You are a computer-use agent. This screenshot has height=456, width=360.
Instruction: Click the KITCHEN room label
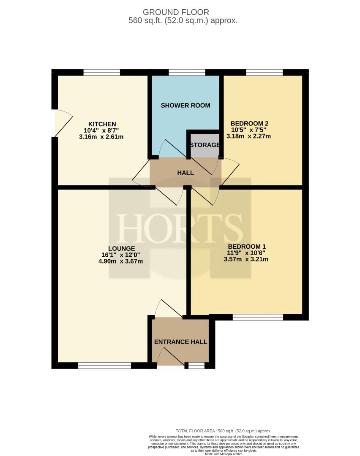click(x=102, y=124)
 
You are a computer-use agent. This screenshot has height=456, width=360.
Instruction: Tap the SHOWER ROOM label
click(x=185, y=105)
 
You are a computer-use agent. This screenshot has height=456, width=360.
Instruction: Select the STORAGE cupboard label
click(x=205, y=145)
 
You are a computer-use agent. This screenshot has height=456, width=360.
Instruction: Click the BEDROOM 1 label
click(x=247, y=247)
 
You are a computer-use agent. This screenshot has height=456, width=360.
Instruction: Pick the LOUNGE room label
click(x=122, y=249)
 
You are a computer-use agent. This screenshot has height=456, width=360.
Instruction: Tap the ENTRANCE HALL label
click(x=181, y=342)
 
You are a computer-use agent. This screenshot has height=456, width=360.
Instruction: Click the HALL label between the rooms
click(x=185, y=173)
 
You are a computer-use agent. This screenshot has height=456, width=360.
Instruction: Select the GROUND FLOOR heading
click(x=176, y=12)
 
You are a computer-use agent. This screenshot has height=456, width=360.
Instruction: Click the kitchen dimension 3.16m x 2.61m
click(x=101, y=137)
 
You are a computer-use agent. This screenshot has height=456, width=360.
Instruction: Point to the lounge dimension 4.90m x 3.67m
click(x=121, y=261)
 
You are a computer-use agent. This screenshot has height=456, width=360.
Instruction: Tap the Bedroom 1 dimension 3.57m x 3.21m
click(x=246, y=259)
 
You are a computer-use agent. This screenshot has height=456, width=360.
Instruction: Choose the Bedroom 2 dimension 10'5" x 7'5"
click(x=249, y=130)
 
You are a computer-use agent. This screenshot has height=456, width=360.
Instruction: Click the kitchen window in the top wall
click(x=101, y=73)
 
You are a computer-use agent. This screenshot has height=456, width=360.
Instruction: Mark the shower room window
click(x=187, y=73)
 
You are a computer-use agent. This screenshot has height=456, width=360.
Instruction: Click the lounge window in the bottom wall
click(x=104, y=366)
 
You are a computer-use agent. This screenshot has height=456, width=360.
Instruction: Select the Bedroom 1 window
click(x=258, y=317)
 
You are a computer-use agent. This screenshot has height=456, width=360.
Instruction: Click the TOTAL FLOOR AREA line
click(x=224, y=431)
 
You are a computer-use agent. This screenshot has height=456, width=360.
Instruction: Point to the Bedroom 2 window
click(x=265, y=73)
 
